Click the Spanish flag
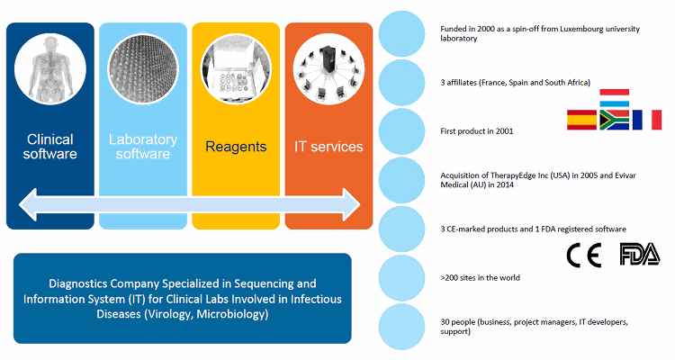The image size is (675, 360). (581, 120)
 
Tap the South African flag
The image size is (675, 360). (615, 120)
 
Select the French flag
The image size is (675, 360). (647, 120)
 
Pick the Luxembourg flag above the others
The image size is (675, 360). (615, 98)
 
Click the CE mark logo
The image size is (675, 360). (584, 256)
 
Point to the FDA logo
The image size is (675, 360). (640, 254)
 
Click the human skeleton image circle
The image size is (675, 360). (50, 69)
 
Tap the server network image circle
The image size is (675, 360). (328, 69)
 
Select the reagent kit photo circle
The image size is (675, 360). (236, 69)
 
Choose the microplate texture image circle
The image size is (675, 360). (143, 69)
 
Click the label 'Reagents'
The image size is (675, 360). (236, 147)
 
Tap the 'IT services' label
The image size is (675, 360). (328, 147)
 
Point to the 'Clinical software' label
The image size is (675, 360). (49, 147)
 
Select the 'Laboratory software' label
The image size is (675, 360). (143, 147)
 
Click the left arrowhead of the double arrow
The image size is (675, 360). (28, 204)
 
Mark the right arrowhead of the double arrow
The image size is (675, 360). (351, 204)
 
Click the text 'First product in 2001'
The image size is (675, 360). (477, 131)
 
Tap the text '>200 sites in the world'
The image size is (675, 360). (480, 278)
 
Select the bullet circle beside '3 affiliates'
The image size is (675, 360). (401, 83)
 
